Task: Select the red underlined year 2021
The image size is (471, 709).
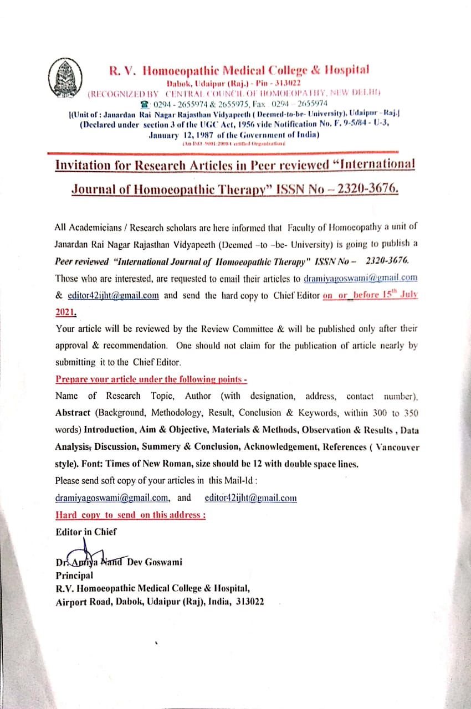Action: [66, 312]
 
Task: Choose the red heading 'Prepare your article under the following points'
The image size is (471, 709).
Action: [151, 379]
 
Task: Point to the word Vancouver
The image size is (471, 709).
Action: [393, 447]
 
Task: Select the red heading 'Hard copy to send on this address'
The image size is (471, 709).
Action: [131, 515]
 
